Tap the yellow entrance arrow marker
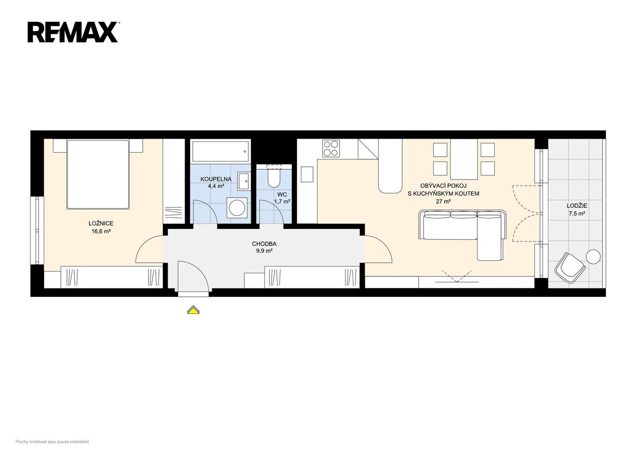[194, 310]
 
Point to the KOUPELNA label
[216, 179]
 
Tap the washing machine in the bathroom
[237, 208]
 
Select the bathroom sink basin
[244, 181]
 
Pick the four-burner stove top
[331, 148]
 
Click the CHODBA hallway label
[264, 244]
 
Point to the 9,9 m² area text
[264, 251]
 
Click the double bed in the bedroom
[98, 174]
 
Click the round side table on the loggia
[593, 256]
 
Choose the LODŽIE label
[576, 206]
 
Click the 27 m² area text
[443, 201]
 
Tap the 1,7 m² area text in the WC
[282, 201]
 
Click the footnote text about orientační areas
[52, 442]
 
